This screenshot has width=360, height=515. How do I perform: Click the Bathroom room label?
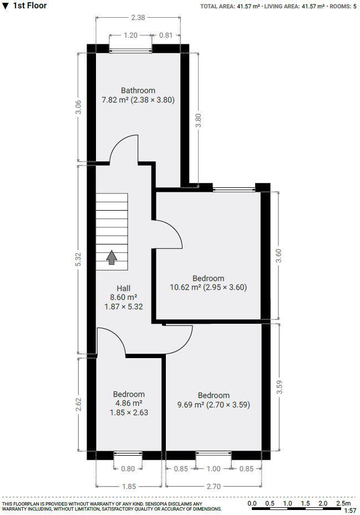[x=138, y=90]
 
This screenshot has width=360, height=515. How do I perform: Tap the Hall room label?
[x=123, y=288]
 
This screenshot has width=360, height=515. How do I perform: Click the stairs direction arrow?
[x=112, y=257]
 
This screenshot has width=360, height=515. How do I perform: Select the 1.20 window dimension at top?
[x=130, y=35]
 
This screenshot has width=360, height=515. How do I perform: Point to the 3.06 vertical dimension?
[x=78, y=107]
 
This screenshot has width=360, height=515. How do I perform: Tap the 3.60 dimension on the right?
[x=279, y=255]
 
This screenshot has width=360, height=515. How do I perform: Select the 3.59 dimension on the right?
[x=279, y=387]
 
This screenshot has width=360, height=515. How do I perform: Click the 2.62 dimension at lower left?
[x=78, y=404]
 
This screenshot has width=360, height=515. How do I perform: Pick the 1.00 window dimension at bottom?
[x=213, y=469]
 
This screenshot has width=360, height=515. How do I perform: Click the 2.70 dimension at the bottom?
[x=214, y=486]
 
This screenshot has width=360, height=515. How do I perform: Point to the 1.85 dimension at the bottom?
[x=128, y=486]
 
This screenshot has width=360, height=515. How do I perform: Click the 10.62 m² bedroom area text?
[x=208, y=287]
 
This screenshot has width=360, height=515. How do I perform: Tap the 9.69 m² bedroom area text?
[x=213, y=405]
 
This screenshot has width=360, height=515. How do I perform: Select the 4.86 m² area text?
[x=129, y=404]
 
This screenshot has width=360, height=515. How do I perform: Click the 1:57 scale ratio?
[x=350, y=511]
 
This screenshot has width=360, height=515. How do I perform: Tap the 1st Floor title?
[x=30, y=6]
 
